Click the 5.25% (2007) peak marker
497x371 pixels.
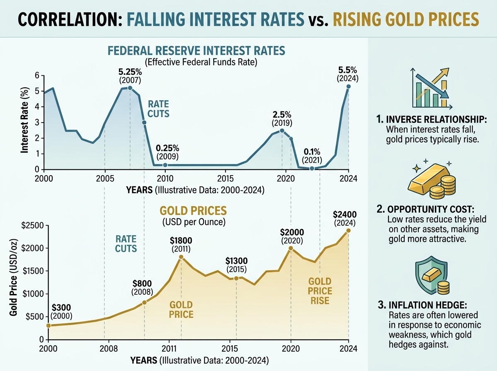pyautogui.click(x=130, y=88)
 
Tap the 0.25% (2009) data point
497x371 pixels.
pyautogui.click(x=165, y=165)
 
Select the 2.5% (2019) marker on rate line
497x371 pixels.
pyautogui.click(x=282, y=130)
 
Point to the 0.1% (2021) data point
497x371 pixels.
pyautogui.click(x=312, y=169)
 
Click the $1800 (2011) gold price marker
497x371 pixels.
pyautogui.click(x=181, y=257)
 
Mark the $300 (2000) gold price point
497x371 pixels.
pyautogui.click(x=48, y=325)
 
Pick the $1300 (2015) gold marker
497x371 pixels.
pyautogui.click(x=236, y=278)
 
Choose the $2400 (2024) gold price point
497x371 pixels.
pyautogui.click(x=348, y=231)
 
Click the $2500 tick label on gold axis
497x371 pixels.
pyautogui.click(x=32, y=225)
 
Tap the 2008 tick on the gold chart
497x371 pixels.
pyautogui.click(x=109, y=349)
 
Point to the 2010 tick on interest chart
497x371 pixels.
pyautogui.click(x=165, y=178)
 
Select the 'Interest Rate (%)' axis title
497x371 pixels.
pyautogui.click(x=24, y=120)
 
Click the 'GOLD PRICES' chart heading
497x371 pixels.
pyautogui.click(x=193, y=211)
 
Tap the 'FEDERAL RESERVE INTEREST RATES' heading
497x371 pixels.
pyautogui.click(x=196, y=51)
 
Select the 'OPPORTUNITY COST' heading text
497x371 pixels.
pyautogui.click(x=431, y=210)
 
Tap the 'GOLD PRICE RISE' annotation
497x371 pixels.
pyautogui.click(x=320, y=291)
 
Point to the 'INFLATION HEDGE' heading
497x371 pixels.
pyautogui.click(x=428, y=305)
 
